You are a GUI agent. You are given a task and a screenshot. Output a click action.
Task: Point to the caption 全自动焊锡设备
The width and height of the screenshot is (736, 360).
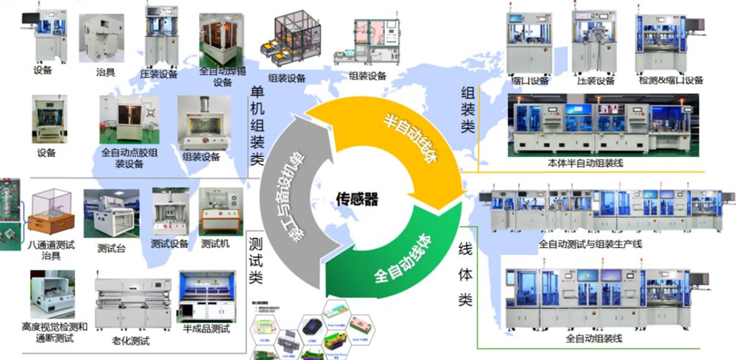(x=222, y=77)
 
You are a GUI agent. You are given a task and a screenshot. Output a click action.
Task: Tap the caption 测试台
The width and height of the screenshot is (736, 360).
(x=111, y=249)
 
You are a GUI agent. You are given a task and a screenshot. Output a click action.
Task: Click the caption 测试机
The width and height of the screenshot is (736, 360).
(x=216, y=244)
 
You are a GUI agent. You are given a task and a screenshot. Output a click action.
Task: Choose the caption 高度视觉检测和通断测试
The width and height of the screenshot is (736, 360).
(x=55, y=331)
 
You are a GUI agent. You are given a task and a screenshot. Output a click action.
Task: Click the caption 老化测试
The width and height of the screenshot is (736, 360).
(x=130, y=340)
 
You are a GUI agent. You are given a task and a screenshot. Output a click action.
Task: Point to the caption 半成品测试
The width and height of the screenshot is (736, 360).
(x=207, y=328)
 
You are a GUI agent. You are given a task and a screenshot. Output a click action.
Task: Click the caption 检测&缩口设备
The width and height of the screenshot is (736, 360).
(x=671, y=80)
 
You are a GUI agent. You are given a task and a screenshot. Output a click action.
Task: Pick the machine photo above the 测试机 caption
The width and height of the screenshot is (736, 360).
(x=221, y=211)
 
